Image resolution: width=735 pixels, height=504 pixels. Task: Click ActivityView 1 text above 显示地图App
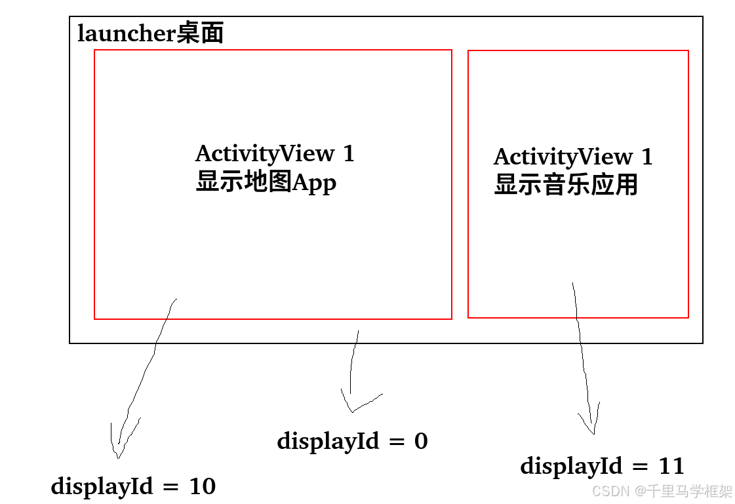click(x=275, y=154)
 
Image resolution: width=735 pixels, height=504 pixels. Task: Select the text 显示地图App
click(x=266, y=182)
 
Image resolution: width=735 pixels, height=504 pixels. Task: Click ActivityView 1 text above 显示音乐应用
click(x=573, y=157)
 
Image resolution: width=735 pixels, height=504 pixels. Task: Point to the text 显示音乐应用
click(x=566, y=185)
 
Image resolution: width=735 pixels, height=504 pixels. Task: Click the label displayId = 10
click(x=133, y=486)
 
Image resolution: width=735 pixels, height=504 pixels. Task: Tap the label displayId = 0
click(x=352, y=441)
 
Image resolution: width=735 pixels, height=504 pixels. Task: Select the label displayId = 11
click(x=602, y=467)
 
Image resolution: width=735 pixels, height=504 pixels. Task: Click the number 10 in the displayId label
click(x=202, y=486)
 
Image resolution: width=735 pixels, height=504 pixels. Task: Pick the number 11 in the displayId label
click(x=671, y=467)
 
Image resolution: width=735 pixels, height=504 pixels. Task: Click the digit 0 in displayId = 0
click(x=421, y=441)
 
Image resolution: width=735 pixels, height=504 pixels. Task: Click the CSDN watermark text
click(x=606, y=490)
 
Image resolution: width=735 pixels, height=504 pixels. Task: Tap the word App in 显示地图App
click(x=314, y=182)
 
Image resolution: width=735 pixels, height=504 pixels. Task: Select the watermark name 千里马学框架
click(x=690, y=490)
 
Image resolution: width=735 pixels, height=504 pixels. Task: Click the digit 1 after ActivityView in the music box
click(x=646, y=157)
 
